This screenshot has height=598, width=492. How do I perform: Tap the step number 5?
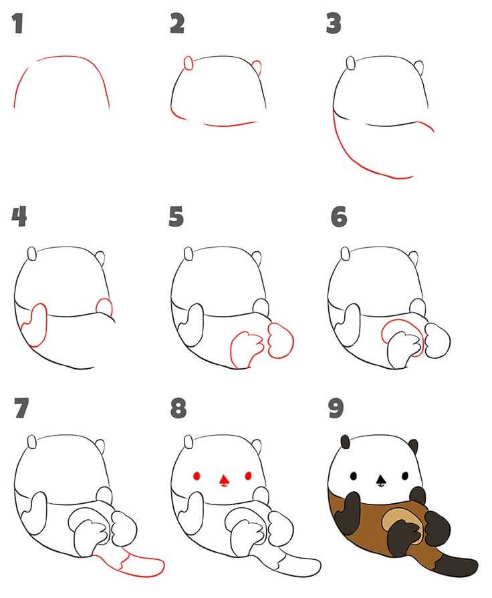coord(176,216)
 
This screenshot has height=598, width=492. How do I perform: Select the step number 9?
coord(336,409)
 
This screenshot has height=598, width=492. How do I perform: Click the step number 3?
coord(334,25)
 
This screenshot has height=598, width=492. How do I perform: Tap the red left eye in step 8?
coord(197,476)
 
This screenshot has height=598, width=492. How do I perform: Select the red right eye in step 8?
coord(248,476)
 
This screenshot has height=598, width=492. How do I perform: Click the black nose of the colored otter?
coord(380,479)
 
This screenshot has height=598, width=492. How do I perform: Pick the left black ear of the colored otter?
coord(346,442)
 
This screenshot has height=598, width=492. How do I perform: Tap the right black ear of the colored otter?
coord(412,446)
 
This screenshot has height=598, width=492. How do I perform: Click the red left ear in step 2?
coord(189,63)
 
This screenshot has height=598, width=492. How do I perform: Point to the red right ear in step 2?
coord(256,67)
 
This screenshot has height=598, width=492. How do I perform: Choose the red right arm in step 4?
coord(105,307)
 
